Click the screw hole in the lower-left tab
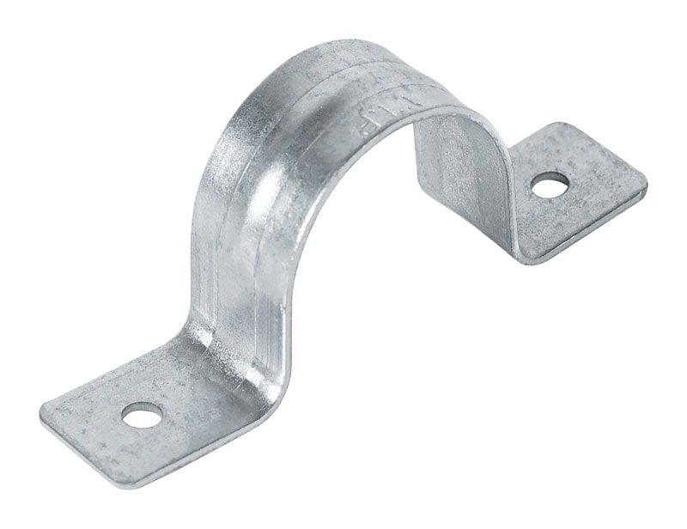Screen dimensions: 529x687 pyautogui.click(x=142, y=417)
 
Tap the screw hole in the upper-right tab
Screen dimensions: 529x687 pyautogui.click(x=550, y=184)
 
